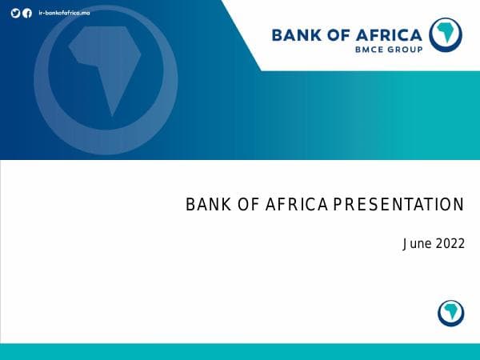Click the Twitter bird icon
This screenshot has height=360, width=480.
click(x=15, y=13)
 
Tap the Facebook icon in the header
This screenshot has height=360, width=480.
click(x=27, y=13)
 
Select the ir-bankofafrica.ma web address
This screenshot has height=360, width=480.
click(x=63, y=13)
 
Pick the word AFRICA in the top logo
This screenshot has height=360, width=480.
click(x=392, y=34)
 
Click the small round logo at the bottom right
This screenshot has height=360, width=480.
click(x=451, y=313)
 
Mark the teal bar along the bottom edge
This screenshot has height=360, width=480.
click(x=240, y=352)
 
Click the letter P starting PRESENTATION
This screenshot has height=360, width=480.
click(x=338, y=205)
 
